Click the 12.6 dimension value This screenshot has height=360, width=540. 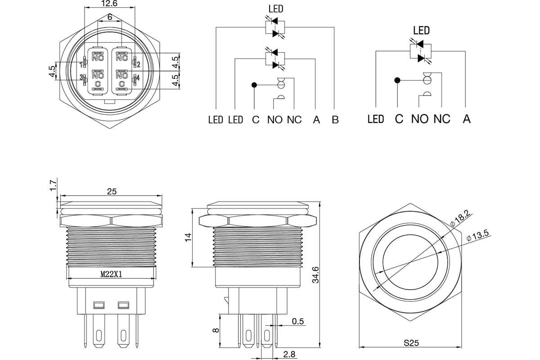pos(109,4)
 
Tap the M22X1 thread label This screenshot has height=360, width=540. pos(111,274)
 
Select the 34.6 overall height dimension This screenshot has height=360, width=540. pos(315,275)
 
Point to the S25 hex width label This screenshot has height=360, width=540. pos(411,342)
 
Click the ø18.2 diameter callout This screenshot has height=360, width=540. pos(460,218)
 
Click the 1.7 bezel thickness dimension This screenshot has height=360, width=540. pos(53,185)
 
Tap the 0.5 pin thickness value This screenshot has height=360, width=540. pos(298,321)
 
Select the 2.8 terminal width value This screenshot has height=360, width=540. pos(289,355)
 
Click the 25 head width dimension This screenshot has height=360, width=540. pos(112,191)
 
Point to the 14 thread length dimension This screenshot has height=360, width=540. pos(188,237)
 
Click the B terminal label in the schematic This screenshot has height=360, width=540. pos(335,120)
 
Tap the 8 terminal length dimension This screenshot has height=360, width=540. pos(216,330)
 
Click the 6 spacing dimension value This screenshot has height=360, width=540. pos(110,17)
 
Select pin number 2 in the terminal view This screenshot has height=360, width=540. pos(139,64)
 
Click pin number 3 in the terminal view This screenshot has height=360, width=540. pos(81,77)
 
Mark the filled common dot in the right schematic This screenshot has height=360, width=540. pos(397,80)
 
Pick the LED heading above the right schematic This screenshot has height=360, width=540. pos(421,31)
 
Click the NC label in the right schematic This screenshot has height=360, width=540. pos(442,119)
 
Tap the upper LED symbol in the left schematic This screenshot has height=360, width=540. pos(275,27)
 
